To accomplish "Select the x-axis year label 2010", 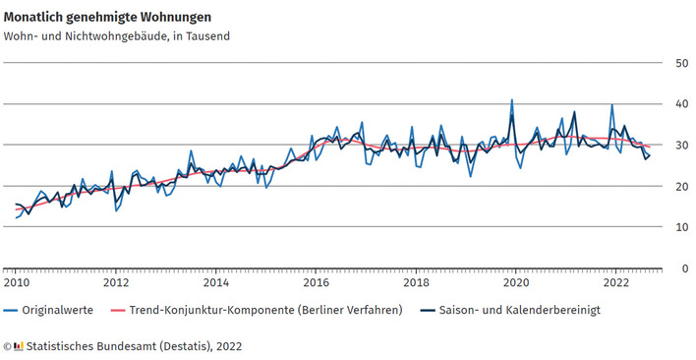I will coord(16,283).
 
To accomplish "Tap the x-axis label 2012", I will coord(116,283).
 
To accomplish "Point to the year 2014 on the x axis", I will coord(216,283).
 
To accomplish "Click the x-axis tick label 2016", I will coord(317,283).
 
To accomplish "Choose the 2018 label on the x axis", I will coord(417,283).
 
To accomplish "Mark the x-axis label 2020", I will coord(517,283).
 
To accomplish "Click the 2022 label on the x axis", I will coord(617,283).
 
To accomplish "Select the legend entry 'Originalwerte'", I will coord(57,310).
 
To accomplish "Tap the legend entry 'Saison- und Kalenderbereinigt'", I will coord(521,310).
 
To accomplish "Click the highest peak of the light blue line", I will coord(512,99).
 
